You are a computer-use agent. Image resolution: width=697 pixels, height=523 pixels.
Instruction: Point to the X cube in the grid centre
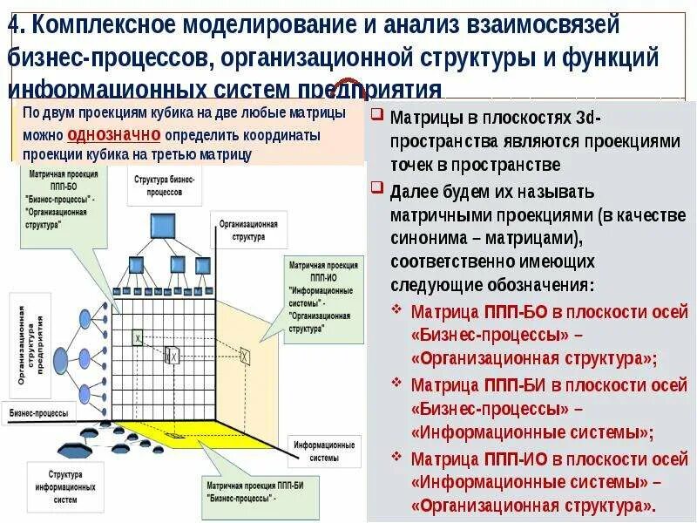(x=173, y=355)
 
